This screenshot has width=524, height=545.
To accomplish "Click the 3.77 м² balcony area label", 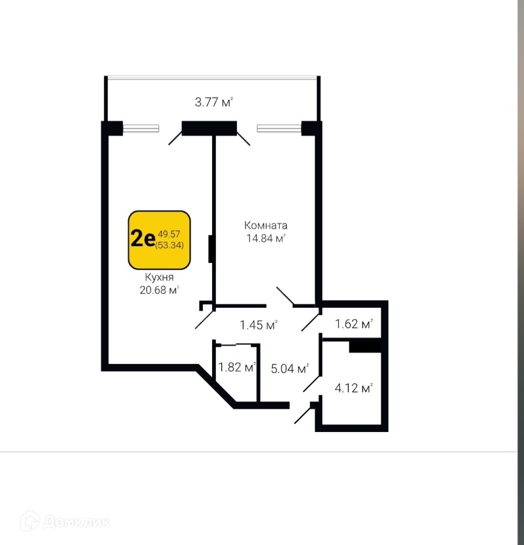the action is (x=214, y=102).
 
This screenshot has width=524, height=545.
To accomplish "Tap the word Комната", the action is (x=265, y=225).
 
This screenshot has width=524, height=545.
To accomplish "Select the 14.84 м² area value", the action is (x=265, y=238).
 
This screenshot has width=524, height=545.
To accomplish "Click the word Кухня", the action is (x=159, y=277).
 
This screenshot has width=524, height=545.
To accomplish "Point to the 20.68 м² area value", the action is (x=159, y=290).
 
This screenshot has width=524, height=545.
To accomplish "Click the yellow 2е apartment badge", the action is (x=160, y=240).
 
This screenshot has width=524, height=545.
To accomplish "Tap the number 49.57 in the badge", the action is (x=169, y=234).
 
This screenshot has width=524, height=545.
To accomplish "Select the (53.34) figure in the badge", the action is (x=169, y=245).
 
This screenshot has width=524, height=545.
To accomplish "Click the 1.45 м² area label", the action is (x=258, y=325).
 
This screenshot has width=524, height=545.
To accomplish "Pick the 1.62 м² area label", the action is (x=354, y=324).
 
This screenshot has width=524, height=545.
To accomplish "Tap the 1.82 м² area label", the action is (x=237, y=368).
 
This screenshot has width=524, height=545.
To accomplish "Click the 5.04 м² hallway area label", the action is (x=289, y=369).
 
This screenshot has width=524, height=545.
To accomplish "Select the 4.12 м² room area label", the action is (x=354, y=388).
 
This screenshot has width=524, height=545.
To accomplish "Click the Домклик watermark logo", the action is (x=65, y=521).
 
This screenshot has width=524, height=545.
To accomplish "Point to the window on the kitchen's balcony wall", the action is (x=141, y=129).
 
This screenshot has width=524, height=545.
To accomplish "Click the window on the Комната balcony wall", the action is (x=278, y=129).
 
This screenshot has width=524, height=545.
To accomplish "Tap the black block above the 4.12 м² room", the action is (x=365, y=346).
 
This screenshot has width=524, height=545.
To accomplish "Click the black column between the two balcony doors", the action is (x=209, y=128).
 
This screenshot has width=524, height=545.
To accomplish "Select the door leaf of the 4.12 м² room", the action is (x=312, y=382).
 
